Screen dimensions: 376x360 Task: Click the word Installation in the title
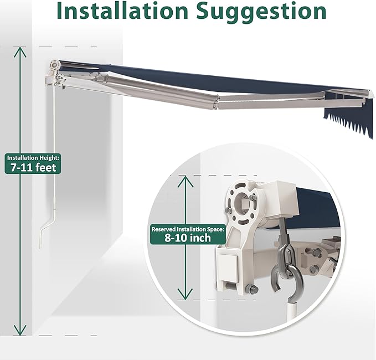pyautogui.click(x=122, y=11)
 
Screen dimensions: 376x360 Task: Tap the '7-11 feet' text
pyautogui.click(x=33, y=167)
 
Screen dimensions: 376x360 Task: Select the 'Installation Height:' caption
pyautogui.click(x=33, y=158)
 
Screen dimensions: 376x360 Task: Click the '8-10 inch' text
pyautogui.click(x=188, y=238)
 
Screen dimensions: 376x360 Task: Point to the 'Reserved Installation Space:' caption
pyautogui.click(x=188, y=229)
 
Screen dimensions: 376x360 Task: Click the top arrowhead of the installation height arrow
pyautogui.click(x=20, y=52)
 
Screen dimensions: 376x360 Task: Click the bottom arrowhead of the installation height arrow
pyautogui.click(x=20, y=330)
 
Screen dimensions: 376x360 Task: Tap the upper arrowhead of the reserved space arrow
pyautogui.click(x=185, y=181)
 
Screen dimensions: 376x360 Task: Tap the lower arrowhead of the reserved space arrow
pyautogui.click(x=185, y=294)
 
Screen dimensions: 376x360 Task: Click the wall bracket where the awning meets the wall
pyautogui.click(x=55, y=75)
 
